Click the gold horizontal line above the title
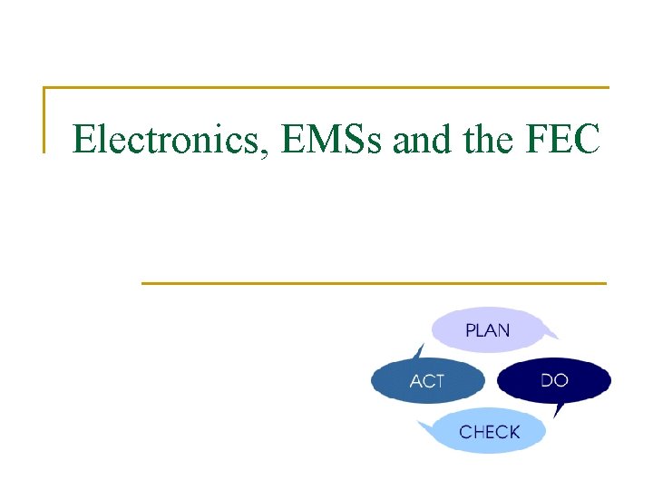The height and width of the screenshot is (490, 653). [x=326, y=88]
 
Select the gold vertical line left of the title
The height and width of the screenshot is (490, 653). [x=44, y=118]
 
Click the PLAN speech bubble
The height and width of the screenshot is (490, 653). [x=488, y=329]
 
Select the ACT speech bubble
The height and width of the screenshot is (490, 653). [x=427, y=380]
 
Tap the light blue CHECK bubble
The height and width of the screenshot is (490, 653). [x=490, y=432]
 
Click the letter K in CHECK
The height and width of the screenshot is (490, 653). [x=513, y=432]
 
